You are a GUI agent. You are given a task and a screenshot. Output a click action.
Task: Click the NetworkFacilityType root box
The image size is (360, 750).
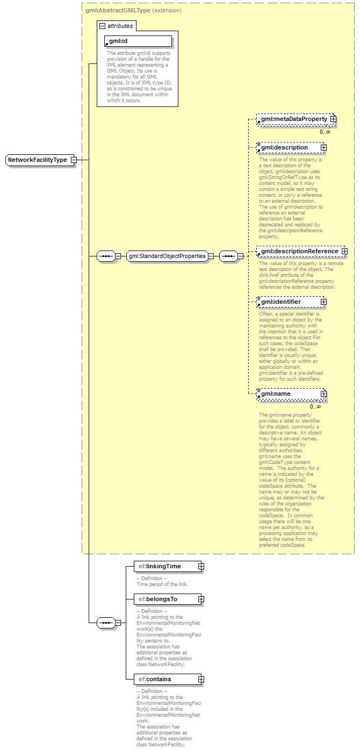click(x=38, y=160)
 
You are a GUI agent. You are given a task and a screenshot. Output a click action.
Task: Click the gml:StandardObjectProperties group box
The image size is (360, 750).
click(x=167, y=256)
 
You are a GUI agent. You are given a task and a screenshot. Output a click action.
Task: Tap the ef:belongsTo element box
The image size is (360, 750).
click(x=164, y=599)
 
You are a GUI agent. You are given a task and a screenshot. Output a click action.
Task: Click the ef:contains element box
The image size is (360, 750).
click(x=164, y=679)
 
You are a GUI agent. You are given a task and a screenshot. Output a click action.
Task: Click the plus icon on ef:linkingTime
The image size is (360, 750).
click(x=201, y=566)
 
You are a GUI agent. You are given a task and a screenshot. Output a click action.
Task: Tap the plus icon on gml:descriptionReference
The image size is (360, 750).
click(x=344, y=251)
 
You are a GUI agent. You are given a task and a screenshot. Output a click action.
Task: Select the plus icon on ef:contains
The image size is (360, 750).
click(x=201, y=680)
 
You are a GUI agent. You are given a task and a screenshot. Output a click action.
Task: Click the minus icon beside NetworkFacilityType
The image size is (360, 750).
click(x=74, y=160)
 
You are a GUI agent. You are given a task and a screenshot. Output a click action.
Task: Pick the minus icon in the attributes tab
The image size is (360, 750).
click(x=102, y=26)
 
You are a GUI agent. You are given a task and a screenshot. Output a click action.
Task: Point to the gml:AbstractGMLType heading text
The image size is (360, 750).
click(x=118, y=10)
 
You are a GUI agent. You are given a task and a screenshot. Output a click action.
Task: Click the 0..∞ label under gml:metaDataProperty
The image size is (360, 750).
click(x=325, y=132)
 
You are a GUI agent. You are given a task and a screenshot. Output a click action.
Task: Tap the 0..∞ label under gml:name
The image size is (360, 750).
click(x=315, y=406)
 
